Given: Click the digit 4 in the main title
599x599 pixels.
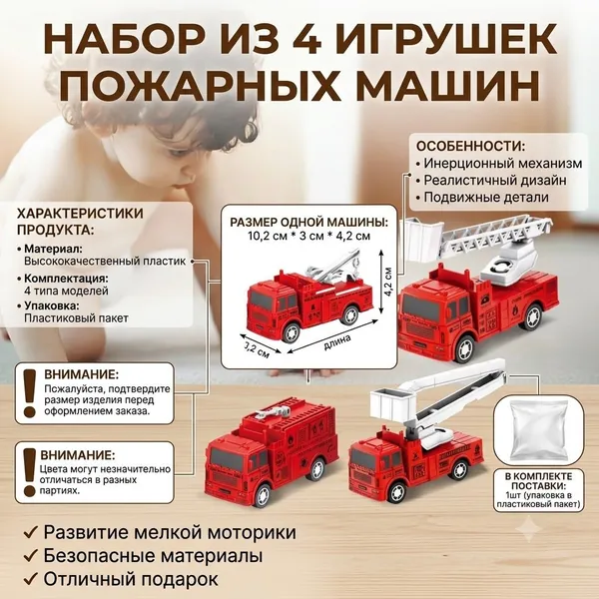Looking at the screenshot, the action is (306, 39).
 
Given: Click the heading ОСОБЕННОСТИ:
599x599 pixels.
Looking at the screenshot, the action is (470, 146).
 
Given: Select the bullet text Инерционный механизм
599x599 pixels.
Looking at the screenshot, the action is (503, 164).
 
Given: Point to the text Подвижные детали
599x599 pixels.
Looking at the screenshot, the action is (486, 197).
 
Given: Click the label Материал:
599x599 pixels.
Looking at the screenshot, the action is (53, 249).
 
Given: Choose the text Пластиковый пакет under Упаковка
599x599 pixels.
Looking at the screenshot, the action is (76, 317).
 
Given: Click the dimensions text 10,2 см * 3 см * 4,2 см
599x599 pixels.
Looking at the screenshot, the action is (309, 236).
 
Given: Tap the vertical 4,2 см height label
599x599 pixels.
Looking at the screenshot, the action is (388, 282).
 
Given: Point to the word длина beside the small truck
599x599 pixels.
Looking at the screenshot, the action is (337, 341).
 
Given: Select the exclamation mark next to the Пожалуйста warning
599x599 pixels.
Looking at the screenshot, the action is (29, 393).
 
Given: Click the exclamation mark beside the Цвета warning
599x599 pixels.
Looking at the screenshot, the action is (29, 472).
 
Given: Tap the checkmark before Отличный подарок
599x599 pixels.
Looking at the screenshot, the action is (30, 578).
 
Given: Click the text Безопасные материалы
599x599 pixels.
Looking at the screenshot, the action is (153, 556).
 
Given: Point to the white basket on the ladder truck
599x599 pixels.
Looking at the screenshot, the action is (421, 241).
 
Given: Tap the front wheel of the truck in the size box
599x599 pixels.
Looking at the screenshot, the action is (292, 330).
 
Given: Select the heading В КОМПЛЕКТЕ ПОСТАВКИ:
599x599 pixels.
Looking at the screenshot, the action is (538, 481).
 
